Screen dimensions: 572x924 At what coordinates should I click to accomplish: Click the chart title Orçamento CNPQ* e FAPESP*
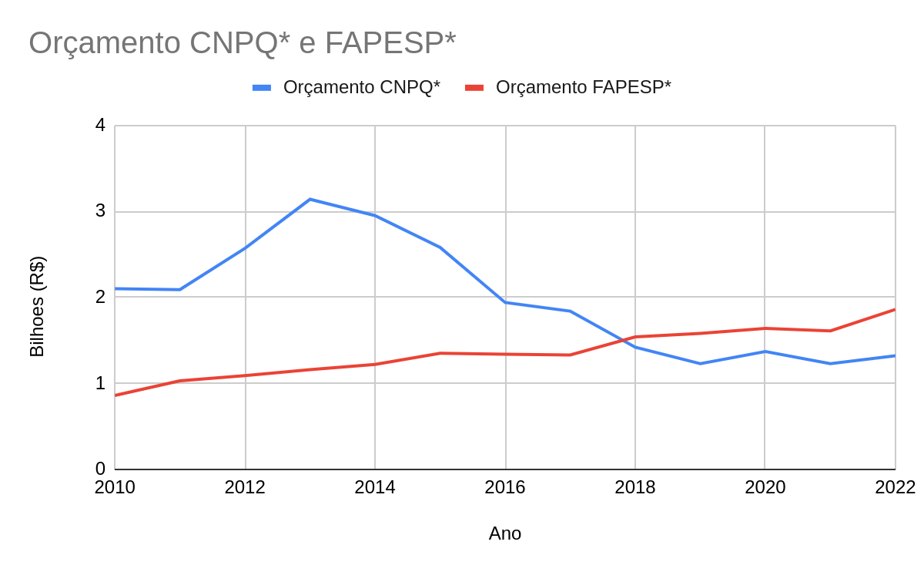pyautogui.click(x=242, y=42)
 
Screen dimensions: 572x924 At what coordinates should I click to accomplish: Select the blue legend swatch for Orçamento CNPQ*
pyautogui.click(x=262, y=88)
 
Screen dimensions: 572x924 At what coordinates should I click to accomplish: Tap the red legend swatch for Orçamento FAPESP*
pyautogui.click(x=474, y=88)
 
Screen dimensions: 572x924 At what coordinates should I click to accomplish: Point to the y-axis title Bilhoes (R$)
pyautogui.click(x=37, y=307)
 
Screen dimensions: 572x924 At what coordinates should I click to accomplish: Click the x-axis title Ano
pyautogui.click(x=504, y=533)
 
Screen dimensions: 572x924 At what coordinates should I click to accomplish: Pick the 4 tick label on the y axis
pyautogui.click(x=100, y=125)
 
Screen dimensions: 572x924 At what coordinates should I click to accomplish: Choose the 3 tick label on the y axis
pyautogui.click(x=100, y=211)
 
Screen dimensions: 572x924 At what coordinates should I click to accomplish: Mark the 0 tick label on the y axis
pyautogui.click(x=100, y=469)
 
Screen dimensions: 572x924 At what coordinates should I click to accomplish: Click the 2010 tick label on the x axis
pyautogui.click(x=115, y=487)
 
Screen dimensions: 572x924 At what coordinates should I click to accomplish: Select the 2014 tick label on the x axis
pyautogui.click(x=375, y=487)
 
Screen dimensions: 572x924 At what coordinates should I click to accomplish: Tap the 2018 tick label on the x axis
pyautogui.click(x=635, y=487)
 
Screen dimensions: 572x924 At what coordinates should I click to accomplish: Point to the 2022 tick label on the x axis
pyautogui.click(x=895, y=487)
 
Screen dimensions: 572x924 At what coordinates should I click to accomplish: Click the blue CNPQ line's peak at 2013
pyautogui.click(x=310, y=199)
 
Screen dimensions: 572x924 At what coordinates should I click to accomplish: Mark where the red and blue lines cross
pyautogui.click(x=622, y=339)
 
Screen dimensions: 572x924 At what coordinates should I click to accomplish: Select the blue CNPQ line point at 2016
pyautogui.click(x=505, y=302)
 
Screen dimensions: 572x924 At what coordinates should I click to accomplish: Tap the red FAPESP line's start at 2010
pyautogui.click(x=115, y=395)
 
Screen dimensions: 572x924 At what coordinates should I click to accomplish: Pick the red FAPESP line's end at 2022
pyautogui.click(x=895, y=309)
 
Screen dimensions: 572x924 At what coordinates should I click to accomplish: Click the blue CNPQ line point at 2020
pyautogui.click(x=765, y=352)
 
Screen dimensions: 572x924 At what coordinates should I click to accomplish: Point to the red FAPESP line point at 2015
pyautogui.click(x=440, y=353)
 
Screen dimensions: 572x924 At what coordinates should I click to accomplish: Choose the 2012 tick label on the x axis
pyautogui.click(x=245, y=487)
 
